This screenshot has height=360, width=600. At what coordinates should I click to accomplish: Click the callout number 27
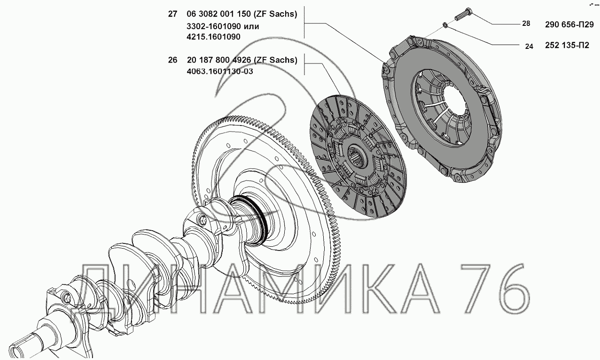(172, 15)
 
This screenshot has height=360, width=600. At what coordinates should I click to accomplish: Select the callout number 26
(172, 60)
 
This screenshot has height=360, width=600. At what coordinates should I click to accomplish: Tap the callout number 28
(526, 23)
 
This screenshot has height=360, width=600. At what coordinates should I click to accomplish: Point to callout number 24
(529, 46)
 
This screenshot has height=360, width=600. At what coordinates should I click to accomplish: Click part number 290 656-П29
(569, 24)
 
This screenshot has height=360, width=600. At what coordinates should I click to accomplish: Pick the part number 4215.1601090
(213, 37)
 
